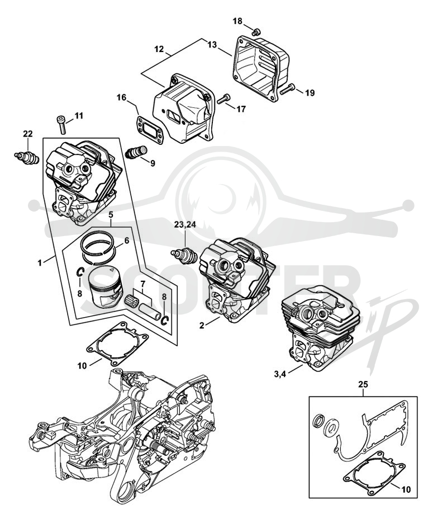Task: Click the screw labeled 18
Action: click(256, 32)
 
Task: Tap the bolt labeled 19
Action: click(288, 89)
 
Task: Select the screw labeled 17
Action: click(224, 99)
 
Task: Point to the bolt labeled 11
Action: click(62, 125)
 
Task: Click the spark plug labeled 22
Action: click(27, 157)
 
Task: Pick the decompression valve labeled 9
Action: click(136, 152)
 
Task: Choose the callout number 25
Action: click(363, 384)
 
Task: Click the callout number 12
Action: click(159, 49)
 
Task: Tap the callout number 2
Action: click(202, 325)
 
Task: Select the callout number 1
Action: click(40, 263)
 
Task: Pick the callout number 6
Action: click(127, 240)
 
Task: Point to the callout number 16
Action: click(121, 97)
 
